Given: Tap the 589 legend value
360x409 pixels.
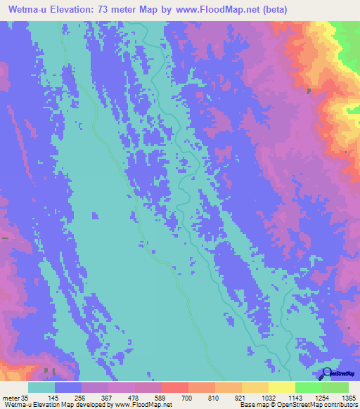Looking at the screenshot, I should [161, 398].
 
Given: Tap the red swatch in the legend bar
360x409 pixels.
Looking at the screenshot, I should [174, 387].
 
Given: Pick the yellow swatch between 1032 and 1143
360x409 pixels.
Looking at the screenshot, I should [281, 387].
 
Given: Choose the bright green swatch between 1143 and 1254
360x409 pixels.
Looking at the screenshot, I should [308, 387].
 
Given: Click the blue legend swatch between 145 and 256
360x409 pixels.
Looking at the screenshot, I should [67, 387].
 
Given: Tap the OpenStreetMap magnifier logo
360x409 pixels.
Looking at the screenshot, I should [325, 372].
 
